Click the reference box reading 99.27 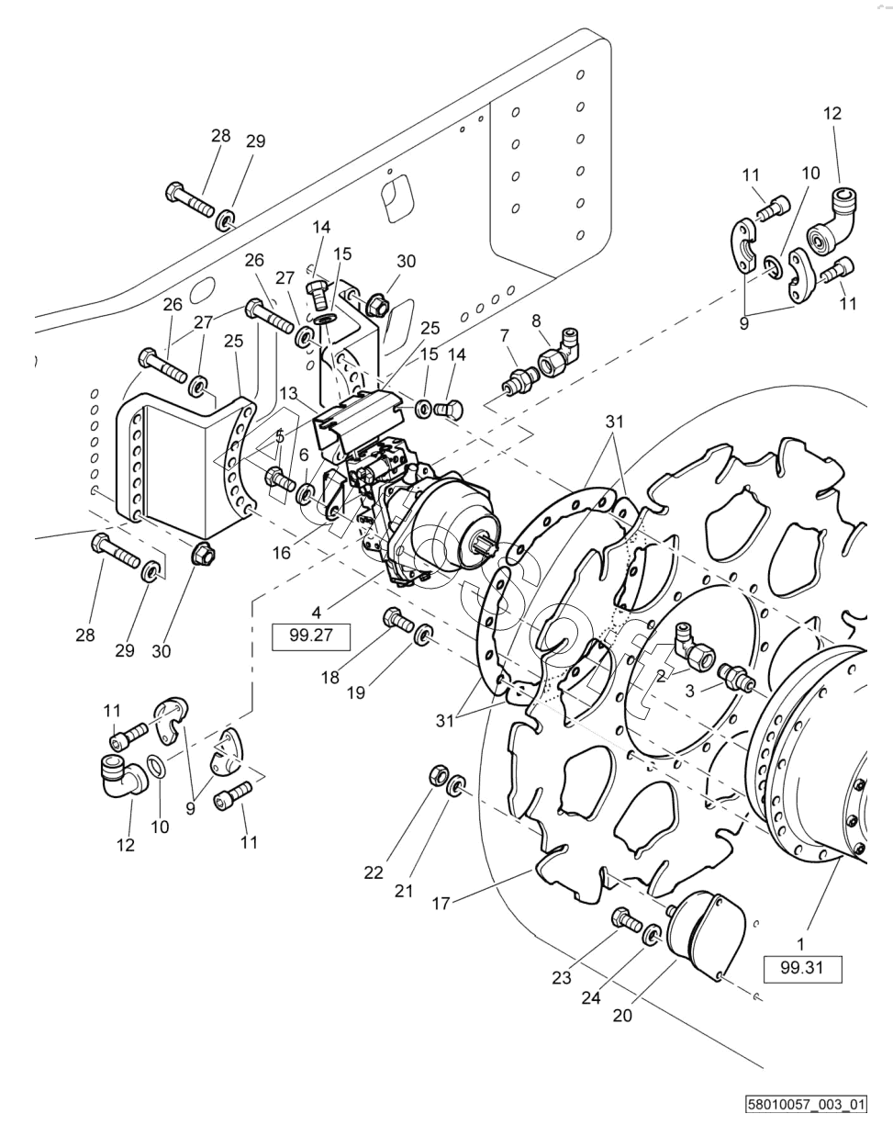(x=312, y=636)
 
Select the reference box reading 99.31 (x=802, y=969)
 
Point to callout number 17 (x=441, y=904)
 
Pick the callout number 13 (x=291, y=393)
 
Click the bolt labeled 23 (x=621, y=917)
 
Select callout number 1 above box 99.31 (x=800, y=943)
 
